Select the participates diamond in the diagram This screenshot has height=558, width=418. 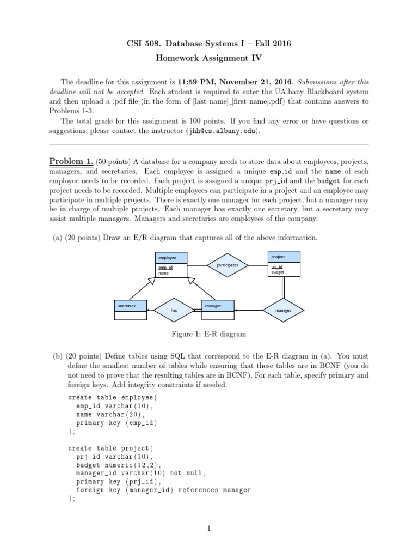(228, 265)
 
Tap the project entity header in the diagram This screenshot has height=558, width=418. (284, 256)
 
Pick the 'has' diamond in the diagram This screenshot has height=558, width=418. (174, 310)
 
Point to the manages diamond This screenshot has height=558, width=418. (284, 310)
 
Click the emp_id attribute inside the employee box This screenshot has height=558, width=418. (165, 268)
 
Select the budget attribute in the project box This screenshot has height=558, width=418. (278, 271)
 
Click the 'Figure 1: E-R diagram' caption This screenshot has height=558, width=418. (208, 333)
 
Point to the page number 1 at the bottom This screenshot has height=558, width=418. (209, 527)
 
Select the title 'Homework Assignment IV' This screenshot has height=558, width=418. (209, 58)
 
